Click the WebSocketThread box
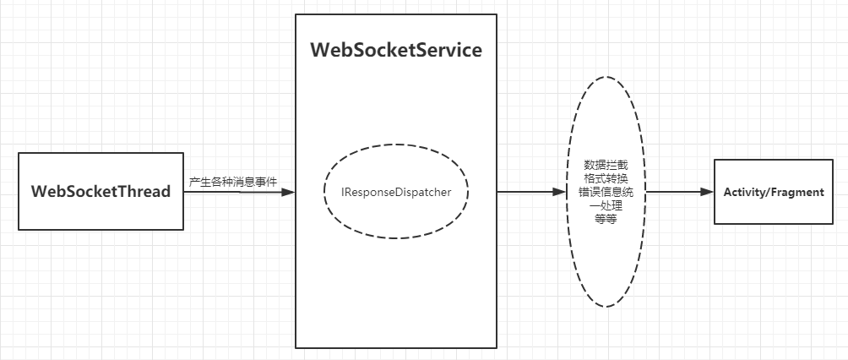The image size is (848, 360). point(101,192)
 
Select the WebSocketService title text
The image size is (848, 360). point(396,50)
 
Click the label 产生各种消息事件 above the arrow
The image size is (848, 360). point(233,182)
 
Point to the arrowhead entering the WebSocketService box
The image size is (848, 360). point(288,192)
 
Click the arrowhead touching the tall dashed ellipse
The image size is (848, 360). point(558,192)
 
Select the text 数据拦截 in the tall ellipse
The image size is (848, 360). point(606,165)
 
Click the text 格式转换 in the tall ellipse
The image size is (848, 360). point(606,178)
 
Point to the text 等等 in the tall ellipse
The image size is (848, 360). point(606,218)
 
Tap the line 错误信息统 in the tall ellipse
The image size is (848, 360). point(606,192)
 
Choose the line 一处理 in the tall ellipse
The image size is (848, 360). point(606,205)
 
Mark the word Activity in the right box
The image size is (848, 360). point(746,192)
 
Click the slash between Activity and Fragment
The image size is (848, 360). point(770,192)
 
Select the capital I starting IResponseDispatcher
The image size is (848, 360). point(343,192)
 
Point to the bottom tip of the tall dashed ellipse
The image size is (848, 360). point(606,307)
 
